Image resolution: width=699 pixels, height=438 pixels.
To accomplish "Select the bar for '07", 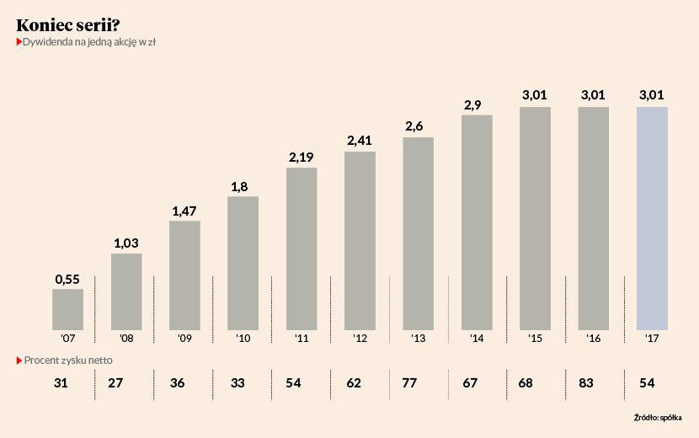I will pos(67,308).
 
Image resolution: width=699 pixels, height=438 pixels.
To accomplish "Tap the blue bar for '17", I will pos(652,217).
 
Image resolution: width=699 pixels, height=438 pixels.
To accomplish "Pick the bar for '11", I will pos(301,248).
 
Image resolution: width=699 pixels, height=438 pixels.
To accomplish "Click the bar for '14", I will pos(477,222).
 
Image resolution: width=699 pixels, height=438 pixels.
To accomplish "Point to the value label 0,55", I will pos(67,279).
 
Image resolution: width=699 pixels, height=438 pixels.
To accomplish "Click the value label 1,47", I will pos(184,211).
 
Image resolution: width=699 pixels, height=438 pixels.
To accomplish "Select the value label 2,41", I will pos(360,141).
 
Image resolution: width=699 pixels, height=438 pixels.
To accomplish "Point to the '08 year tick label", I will pos(126,339).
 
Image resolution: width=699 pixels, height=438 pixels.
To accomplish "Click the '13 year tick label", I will pos(419,339).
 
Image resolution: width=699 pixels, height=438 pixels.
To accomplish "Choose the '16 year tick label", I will pos(594,339).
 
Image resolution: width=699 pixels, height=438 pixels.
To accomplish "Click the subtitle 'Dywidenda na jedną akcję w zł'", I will pos(85,41).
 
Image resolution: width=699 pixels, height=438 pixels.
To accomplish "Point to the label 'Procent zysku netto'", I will pos(67,360).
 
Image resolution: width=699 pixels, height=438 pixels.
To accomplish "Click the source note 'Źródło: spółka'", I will pos(658,417).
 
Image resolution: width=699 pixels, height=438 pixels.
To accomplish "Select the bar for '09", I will pos(184,275).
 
